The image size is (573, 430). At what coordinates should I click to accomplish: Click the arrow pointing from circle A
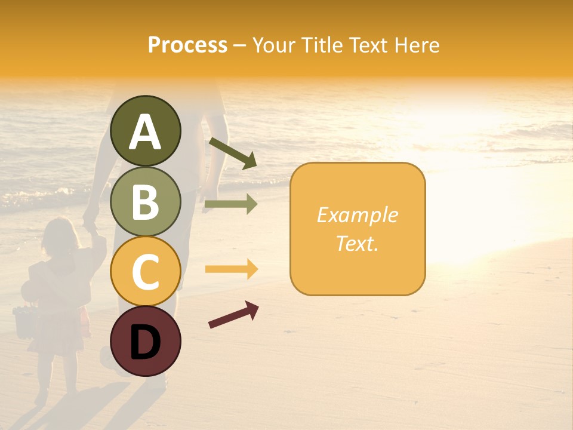(x=233, y=153)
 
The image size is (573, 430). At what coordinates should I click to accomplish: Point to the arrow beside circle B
(x=231, y=204)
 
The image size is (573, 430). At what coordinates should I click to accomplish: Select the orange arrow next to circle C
(x=231, y=269)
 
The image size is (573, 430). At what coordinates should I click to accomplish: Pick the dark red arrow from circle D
(x=233, y=315)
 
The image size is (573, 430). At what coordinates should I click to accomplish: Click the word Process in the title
(x=187, y=45)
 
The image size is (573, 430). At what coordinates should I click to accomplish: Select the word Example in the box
(x=357, y=215)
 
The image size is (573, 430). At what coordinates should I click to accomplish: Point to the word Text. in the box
(x=357, y=243)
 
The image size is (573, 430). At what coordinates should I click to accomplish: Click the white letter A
(x=145, y=132)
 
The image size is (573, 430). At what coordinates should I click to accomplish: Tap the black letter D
(x=145, y=342)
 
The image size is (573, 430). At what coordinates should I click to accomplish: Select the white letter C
(x=145, y=272)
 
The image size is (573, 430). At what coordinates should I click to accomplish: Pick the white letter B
(x=145, y=202)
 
